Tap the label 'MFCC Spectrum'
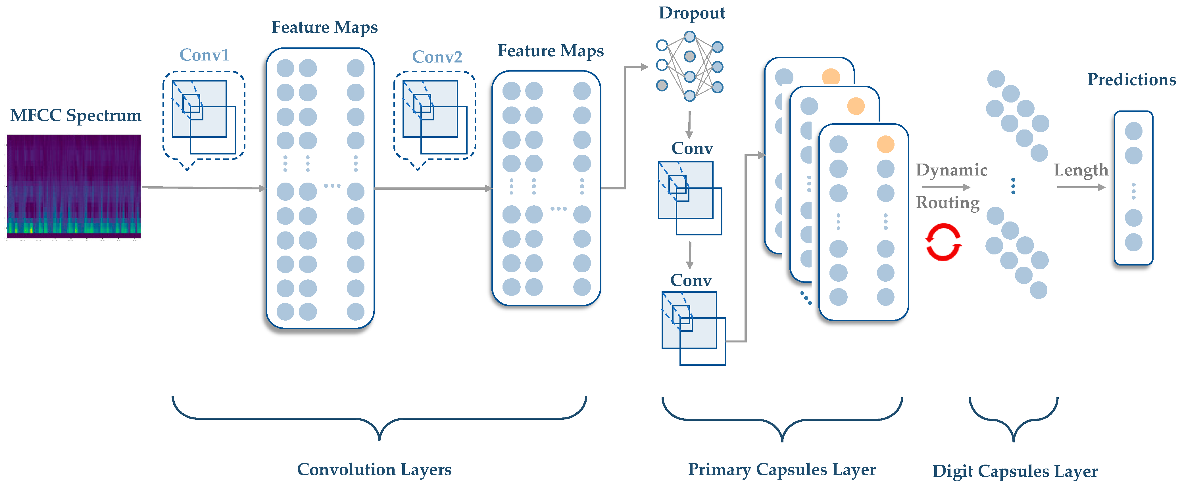pyautogui.click(x=76, y=115)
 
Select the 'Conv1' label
pyautogui.click(x=204, y=55)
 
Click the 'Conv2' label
pyautogui.click(x=437, y=57)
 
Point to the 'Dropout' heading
pyautogui.click(x=692, y=13)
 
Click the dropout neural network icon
pyautogui.click(x=689, y=66)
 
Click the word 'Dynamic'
pyautogui.click(x=951, y=170)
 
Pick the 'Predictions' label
pyautogui.click(x=1131, y=80)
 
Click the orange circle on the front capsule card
pyautogui.click(x=885, y=144)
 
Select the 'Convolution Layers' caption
pyautogui.click(x=374, y=470)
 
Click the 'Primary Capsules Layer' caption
pyautogui.click(x=782, y=470)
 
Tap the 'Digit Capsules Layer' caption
pyautogui.click(x=1015, y=471)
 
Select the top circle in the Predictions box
pyautogui.click(x=1133, y=131)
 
